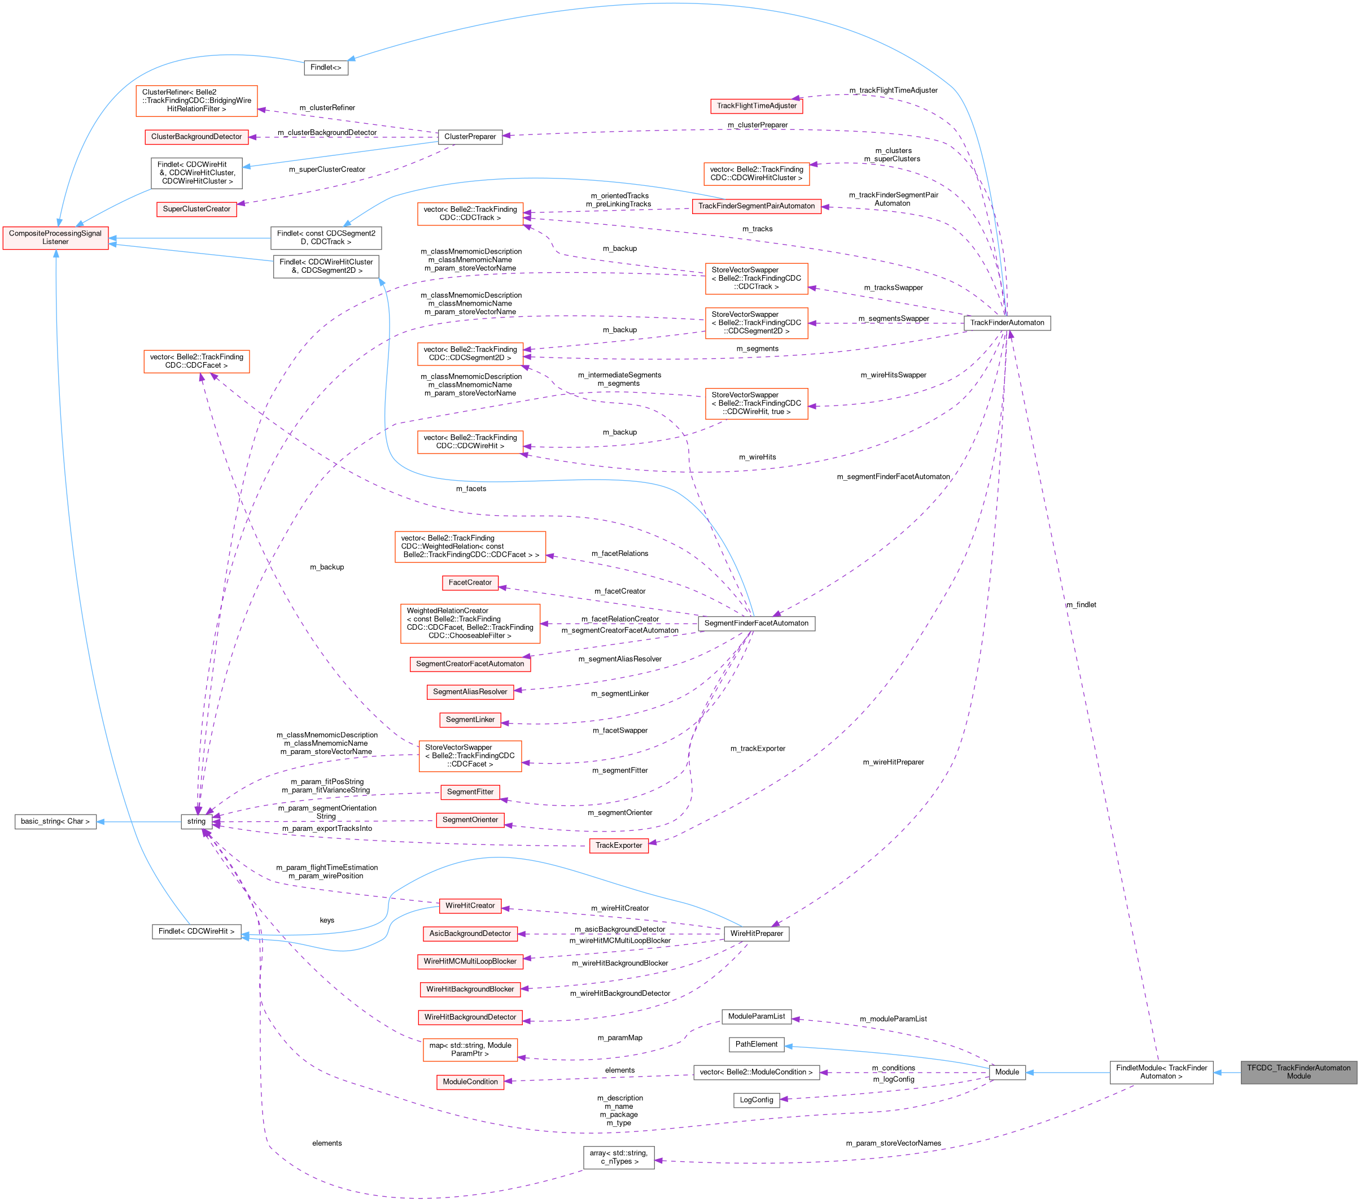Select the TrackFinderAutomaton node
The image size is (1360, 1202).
pos(1007,323)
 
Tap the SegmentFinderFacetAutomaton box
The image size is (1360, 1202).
pos(756,624)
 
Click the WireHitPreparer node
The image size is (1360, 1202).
pos(756,934)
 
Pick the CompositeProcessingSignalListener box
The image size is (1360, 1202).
pos(55,238)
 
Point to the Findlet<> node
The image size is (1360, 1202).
pos(325,67)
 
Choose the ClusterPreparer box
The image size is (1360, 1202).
pos(470,137)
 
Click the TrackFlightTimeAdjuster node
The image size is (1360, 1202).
pos(756,106)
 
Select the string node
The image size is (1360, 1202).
pos(196,821)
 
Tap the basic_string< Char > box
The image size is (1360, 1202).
pos(55,821)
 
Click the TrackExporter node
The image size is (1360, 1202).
pos(618,845)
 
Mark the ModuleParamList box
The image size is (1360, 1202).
pos(756,1016)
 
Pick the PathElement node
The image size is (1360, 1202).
pos(756,1044)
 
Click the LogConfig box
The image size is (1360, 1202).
pos(756,1100)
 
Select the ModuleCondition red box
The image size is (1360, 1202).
pos(470,1082)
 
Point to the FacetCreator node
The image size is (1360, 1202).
pos(470,582)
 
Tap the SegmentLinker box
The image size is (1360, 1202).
pos(470,720)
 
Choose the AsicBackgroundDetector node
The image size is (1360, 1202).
pos(470,934)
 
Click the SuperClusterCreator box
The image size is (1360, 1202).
pos(196,209)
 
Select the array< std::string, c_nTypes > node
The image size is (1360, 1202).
pos(618,1157)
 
